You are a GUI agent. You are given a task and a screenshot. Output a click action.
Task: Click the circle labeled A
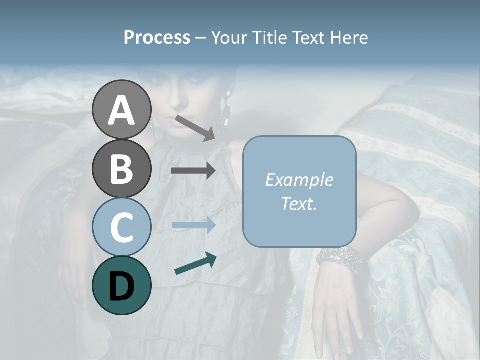(x=122, y=109)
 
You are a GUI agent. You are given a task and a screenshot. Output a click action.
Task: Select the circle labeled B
(x=122, y=168)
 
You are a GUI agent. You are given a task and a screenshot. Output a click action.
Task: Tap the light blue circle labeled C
(x=122, y=227)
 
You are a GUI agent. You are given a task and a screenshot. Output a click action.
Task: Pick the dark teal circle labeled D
(x=122, y=285)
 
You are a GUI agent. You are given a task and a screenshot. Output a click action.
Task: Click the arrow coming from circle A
(x=194, y=127)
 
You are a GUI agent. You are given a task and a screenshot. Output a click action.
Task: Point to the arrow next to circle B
(x=193, y=170)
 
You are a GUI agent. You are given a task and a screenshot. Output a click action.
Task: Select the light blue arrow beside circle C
(x=193, y=225)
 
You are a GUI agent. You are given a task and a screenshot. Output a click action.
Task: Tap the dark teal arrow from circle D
(x=195, y=263)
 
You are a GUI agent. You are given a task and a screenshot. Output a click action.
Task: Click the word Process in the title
(x=157, y=37)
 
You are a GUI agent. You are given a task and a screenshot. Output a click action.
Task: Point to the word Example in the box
(x=299, y=180)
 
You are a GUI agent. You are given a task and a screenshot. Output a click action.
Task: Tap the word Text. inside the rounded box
(x=299, y=204)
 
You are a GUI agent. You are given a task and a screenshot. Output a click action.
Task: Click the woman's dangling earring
(x=226, y=107)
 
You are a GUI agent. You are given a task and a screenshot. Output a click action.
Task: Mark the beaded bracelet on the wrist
(x=340, y=260)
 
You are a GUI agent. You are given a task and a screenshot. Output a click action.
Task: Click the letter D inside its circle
(x=122, y=286)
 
